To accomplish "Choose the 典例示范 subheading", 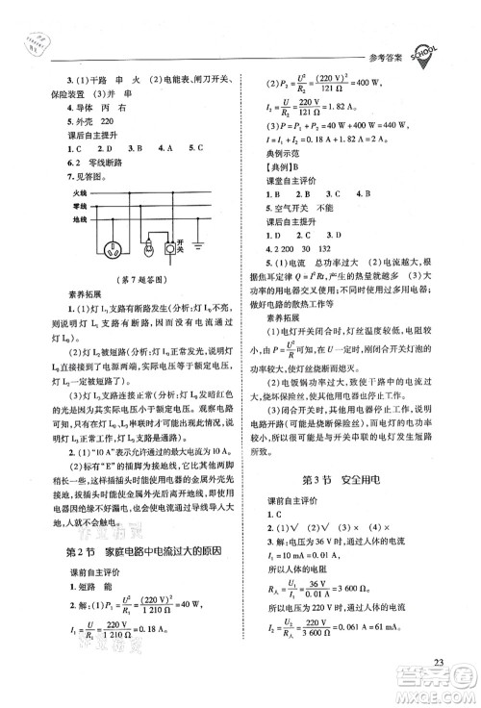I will coord(284,167).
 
